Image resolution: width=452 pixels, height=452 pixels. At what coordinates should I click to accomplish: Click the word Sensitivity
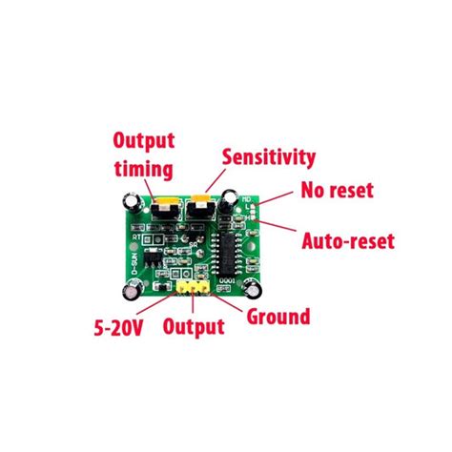(x=268, y=156)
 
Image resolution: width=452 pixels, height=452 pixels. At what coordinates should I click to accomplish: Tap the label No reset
(x=338, y=189)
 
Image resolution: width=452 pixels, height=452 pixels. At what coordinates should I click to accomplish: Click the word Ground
(x=278, y=317)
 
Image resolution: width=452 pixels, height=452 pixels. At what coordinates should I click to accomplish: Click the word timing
(x=143, y=170)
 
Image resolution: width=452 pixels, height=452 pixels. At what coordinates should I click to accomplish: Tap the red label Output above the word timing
(x=144, y=141)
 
